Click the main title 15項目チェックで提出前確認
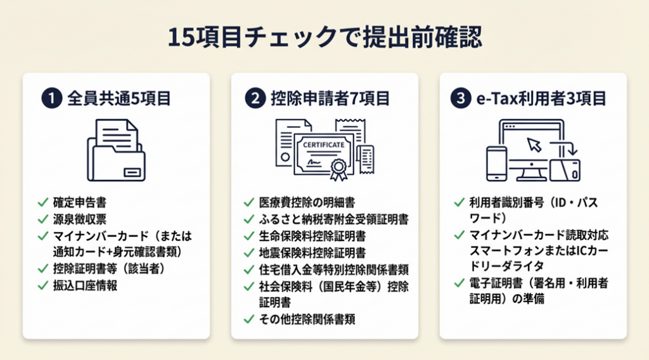point(324,37)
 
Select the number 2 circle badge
point(254,99)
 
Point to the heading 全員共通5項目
point(119,99)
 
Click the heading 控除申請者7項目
point(330,99)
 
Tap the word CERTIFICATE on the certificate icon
point(324,145)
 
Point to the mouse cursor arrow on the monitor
point(534,145)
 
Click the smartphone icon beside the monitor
point(496,164)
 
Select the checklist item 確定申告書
point(79,203)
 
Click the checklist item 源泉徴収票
point(79,220)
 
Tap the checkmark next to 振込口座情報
point(43,286)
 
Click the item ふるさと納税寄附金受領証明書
point(334,220)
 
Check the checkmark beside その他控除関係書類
point(248,319)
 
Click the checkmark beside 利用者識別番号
point(458,203)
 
